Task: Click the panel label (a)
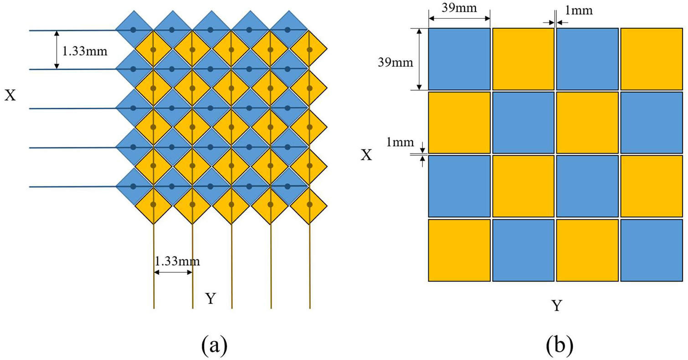pyautogui.click(x=215, y=345)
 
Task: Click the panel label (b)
pyautogui.click(x=560, y=345)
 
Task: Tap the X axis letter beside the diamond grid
pyautogui.click(x=10, y=95)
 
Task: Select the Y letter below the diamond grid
pyautogui.click(x=211, y=298)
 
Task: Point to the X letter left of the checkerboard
pyautogui.click(x=366, y=155)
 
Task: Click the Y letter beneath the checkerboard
pyautogui.click(x=557, y=306)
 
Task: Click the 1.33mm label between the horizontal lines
pyautogui.click(x=85, y=51)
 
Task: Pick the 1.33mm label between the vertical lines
pyautogui.click(x=177, y=261)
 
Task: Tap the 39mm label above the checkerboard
pyautogui.click(x=459, y=8)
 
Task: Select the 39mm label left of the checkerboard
pyautogui.click(x=395, y=62)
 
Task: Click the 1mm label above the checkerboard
pyautogui.click(x=579, y=10)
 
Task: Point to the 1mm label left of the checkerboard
pyautogui.click(x=400, y=142)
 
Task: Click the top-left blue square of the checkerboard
pyautogui.click(x=459, y=59)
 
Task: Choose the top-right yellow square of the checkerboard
pyautogui.click(x=652, y=59)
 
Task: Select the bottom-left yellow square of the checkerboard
pyautogui.click(x=459, y=250)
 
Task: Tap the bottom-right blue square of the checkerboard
pyautogui.click(x=652, y=250)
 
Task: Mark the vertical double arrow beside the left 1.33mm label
pyautogui.click(x=56, y=50)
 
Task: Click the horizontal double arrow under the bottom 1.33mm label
pyautogui.click(x=173, y=272)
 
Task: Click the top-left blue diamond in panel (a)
pyautogui.click(x=134, y=30)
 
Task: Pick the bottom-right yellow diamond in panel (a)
pyautogui.click(x=309, y=205)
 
